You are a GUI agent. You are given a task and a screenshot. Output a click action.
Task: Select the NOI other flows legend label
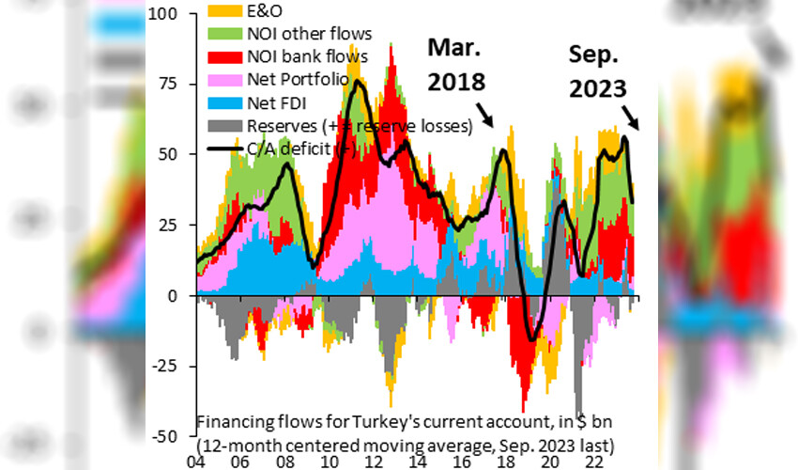pyautogui.click(x=309, y=36)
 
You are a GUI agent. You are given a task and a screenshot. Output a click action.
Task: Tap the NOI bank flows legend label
pyautogui.click(x=306, y=58)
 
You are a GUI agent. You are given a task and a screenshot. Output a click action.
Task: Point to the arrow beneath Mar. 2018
pyautogui.click(x=485, y=114)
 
